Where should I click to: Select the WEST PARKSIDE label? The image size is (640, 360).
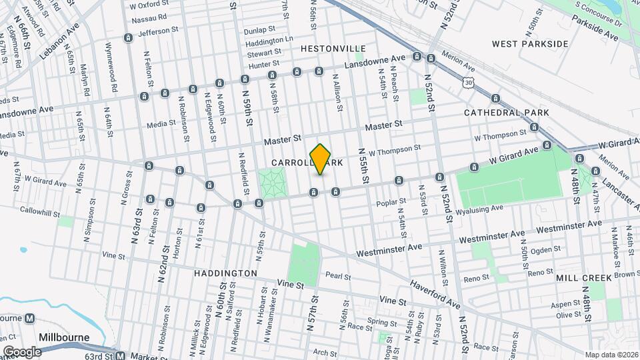click(x=530, y=44)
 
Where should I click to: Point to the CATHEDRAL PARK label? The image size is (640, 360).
click(x=507, y=113)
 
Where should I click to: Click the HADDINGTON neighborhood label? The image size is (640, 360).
click(x=225, y=273)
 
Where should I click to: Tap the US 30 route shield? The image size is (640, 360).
click(x=470, y=82)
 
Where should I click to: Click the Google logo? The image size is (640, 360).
click(x=22, y=351)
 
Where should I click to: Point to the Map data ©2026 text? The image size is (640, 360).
click(x=611, y=355)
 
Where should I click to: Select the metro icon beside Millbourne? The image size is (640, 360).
click(x=29, y=319)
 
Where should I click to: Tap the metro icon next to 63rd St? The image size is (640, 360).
click(x=119, y=355)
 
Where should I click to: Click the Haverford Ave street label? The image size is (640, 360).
click(x=435, y=293)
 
